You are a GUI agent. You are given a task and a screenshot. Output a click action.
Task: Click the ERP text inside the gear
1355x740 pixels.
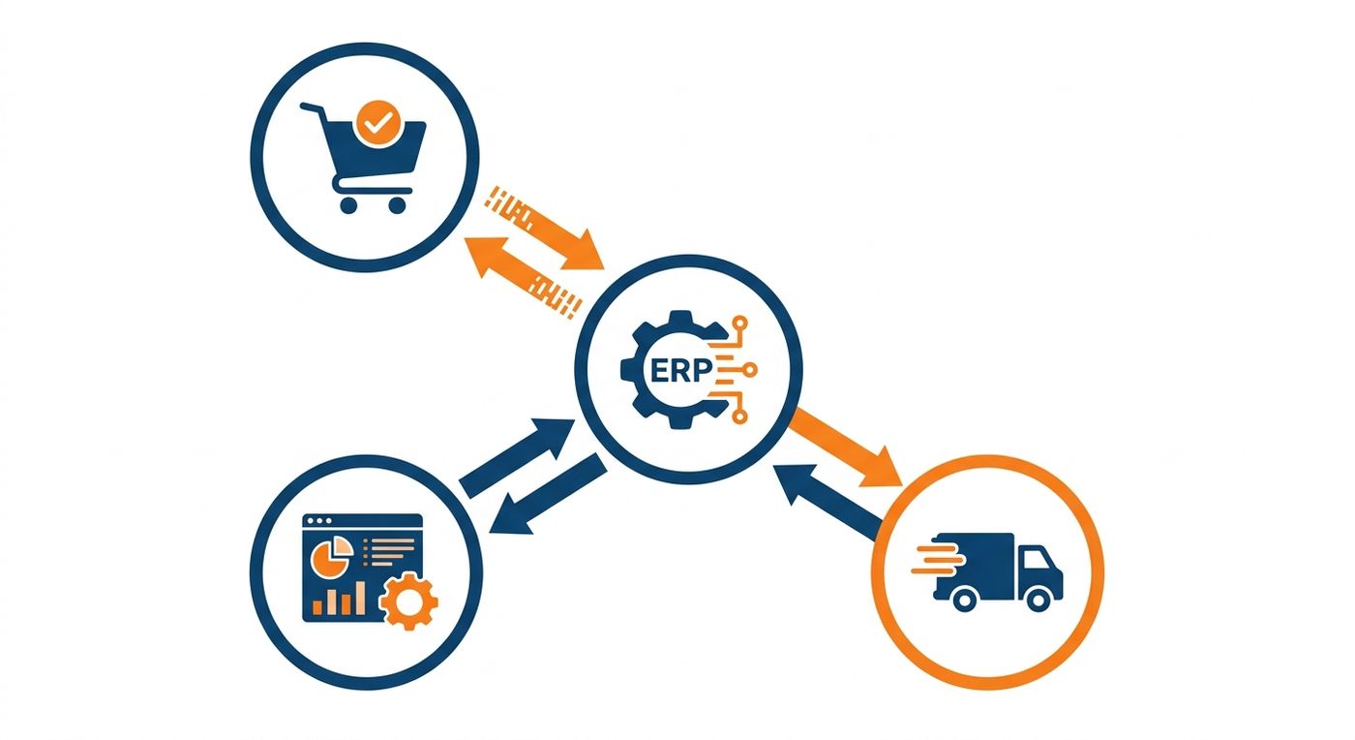pos(680,371)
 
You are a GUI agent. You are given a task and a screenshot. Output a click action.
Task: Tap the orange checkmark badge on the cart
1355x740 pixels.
pos(378,124)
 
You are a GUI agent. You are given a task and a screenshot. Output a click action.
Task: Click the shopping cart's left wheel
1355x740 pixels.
pos(348,204)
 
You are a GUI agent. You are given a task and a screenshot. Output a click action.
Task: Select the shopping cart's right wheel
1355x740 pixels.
pos(397,204)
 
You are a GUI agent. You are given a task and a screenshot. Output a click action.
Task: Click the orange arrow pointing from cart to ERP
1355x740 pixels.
pos(544,228)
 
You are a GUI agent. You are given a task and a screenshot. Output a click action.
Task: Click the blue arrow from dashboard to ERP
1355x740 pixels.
pos(518,456)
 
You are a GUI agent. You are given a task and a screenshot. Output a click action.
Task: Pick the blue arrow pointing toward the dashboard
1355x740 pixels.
pos(548,494)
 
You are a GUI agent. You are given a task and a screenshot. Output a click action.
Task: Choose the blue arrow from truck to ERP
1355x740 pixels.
pos(828,500)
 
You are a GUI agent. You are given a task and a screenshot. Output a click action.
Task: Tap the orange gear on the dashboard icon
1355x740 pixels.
pos(408,601)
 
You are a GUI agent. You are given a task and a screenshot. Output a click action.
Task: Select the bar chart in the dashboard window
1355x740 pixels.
pos(339,599)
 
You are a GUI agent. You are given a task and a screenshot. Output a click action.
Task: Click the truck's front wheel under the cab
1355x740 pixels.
pos(1039,601)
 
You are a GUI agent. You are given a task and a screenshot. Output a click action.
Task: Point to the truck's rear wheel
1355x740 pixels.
pos(964,601)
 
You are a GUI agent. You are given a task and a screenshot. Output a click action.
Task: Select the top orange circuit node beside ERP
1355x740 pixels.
pos(739,324)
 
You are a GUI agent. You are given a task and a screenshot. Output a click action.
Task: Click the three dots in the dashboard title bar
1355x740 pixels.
pos(319,521)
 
